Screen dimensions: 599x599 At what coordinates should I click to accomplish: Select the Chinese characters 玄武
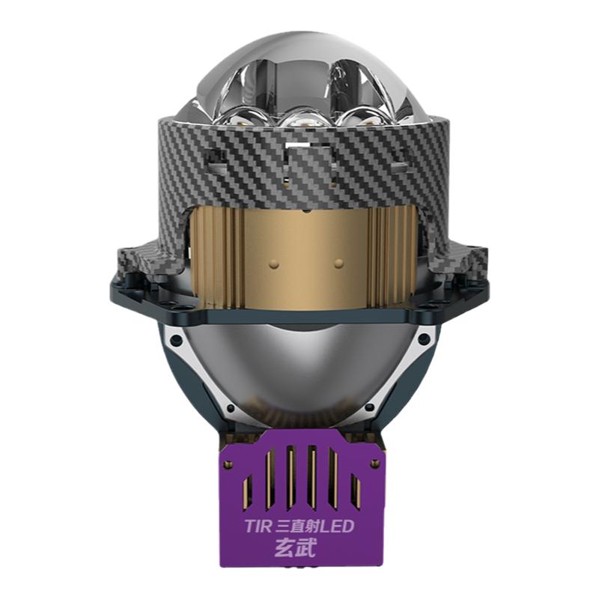[x=296, y=549]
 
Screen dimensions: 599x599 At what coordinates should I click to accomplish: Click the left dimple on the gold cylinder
[x=273, y=264]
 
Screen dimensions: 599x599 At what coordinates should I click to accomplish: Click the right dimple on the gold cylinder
[x=338, y=264]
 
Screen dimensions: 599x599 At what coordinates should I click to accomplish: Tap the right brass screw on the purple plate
[x=373, y=463]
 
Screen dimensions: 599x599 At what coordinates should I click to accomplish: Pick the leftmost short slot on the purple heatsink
[x=247, y=490]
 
